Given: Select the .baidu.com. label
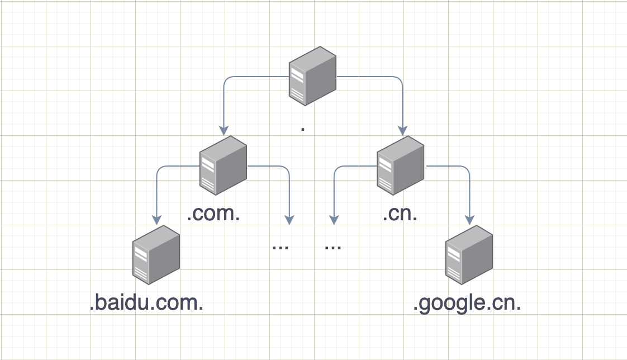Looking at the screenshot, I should pos(146,304).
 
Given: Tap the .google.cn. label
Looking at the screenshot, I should pos(467,304).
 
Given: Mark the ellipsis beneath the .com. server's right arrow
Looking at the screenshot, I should pos(280,246).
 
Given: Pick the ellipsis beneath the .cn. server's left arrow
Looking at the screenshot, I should pos(333,246).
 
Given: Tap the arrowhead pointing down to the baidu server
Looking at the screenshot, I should pos(156,220).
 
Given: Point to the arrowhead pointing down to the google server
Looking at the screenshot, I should pos(469,220).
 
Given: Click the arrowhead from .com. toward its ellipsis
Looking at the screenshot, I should pos(289,220).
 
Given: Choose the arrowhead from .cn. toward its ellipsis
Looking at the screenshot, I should pos(334,220).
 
